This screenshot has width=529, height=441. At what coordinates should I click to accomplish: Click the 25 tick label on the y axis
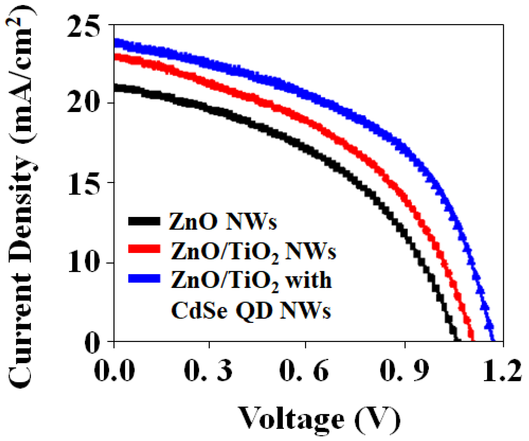83,26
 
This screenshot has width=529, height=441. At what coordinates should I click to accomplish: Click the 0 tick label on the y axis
92,343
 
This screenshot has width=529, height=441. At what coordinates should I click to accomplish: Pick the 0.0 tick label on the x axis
114,371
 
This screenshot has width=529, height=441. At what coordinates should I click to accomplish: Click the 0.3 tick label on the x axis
208,371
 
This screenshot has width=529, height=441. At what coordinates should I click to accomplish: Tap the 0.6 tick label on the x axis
304,371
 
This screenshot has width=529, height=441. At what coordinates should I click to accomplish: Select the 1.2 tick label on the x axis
502,371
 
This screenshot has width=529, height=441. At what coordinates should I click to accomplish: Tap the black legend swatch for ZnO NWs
144,221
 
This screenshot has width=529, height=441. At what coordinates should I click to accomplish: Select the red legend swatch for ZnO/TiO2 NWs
144,249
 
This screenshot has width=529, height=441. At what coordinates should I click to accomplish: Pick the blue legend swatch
144,278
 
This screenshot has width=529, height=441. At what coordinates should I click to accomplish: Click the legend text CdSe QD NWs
251,311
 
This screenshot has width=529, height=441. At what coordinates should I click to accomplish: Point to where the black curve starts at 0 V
115,88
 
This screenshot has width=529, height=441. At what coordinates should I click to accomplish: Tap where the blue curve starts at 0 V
115,42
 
